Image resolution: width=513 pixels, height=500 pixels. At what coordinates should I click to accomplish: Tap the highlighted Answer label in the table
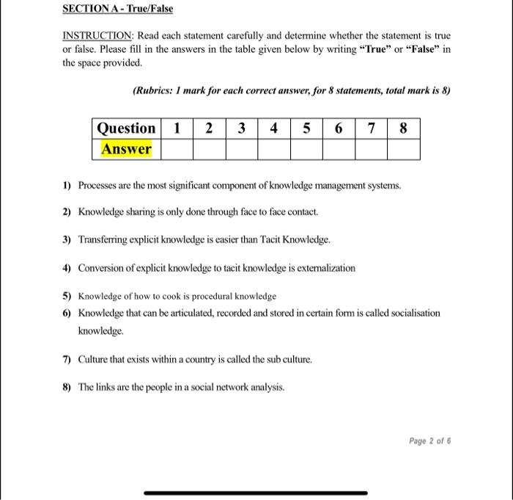(127, 149)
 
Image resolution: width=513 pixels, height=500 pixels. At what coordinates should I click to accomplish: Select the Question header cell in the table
(127, 128)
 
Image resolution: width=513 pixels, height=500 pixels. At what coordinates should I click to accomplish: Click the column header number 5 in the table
(306, 128)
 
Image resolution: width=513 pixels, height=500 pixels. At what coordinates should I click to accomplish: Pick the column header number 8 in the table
(404, 128)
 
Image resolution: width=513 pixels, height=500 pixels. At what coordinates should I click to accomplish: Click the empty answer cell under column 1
(176, 149)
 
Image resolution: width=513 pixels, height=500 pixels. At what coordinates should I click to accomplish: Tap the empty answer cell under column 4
(273, 149)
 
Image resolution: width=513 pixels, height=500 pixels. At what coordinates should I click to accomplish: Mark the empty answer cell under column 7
(372, 149)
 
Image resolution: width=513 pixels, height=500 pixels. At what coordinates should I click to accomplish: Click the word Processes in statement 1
(98, 186)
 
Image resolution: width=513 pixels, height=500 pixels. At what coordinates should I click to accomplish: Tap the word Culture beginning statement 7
(95, 360)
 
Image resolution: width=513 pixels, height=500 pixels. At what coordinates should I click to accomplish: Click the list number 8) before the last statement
(67, 387)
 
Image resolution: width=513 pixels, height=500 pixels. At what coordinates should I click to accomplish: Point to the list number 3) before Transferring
(67, 240)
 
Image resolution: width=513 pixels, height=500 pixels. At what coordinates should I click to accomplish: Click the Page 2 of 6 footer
(429, 441)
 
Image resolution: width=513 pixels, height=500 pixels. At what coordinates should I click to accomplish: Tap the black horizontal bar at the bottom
(256, 493)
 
